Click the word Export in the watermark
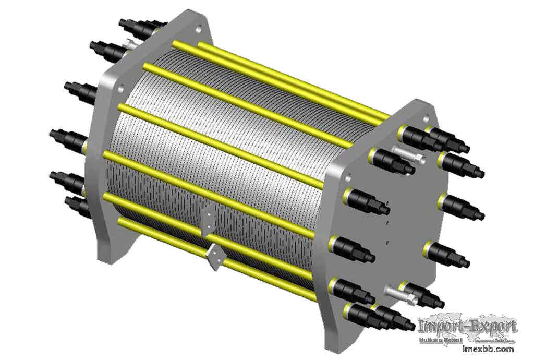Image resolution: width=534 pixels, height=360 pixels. [x=492, y=327]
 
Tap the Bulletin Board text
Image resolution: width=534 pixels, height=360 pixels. [x=441, y=340]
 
